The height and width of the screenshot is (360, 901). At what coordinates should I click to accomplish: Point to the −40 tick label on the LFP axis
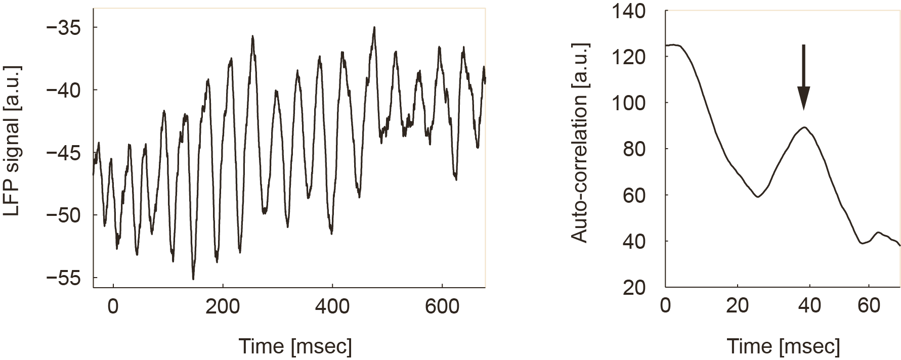tap(64, 90)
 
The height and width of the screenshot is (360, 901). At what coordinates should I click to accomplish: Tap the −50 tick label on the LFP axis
tap(64, 215)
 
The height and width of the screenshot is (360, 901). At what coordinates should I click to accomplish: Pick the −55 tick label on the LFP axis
tap(64, 278)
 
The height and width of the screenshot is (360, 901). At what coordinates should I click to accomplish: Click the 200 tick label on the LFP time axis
tap(223, 306)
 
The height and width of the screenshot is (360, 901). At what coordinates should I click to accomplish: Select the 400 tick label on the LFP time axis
tap(332, 306)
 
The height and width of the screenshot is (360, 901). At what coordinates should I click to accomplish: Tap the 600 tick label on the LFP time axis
tap(442, 306)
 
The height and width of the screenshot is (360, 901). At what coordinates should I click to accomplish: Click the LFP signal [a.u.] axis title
tap(12, 140)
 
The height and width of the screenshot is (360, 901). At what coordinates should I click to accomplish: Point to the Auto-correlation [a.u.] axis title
tap(580, 143)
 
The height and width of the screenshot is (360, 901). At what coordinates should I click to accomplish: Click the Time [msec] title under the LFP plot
tap(295, 346)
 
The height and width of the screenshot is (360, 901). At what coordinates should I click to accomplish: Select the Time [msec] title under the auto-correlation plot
tap(783, 346)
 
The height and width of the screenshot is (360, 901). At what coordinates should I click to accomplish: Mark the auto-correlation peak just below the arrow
tap(803, 127)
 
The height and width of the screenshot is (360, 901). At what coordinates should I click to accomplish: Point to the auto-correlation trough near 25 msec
tap(757, 196)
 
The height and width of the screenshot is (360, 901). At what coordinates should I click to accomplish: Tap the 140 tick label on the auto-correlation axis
tap(628, 11)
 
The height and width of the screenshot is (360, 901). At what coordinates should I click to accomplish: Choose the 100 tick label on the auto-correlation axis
tap(628, 103)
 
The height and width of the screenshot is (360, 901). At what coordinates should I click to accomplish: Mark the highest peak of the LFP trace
tap(374, 28)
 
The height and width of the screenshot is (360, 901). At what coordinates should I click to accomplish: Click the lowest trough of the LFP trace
tap(193, 279)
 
